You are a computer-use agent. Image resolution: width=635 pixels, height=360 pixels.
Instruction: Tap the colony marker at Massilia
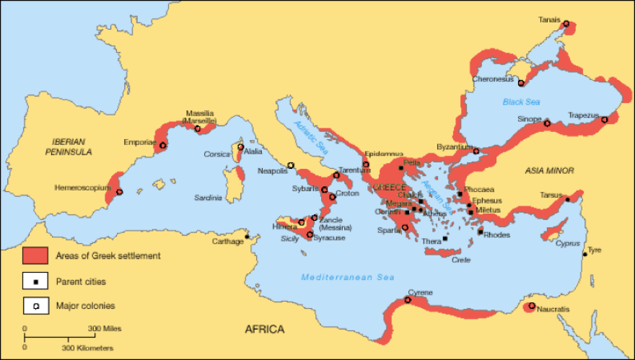(198, 129)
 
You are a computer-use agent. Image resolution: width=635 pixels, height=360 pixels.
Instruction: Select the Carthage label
(227, 241)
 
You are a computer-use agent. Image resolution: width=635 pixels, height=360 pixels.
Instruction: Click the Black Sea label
(521, 102)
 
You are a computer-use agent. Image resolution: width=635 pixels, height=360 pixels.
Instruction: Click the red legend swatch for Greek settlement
(35, 256)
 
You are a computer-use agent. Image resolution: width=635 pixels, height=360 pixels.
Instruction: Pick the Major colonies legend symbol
(35, 305)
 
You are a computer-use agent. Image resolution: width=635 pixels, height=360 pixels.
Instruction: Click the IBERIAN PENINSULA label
(67, 147)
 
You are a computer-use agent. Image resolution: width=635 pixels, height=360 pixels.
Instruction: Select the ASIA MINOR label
(550, 171)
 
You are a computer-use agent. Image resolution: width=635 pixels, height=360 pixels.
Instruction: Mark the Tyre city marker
(584, 253)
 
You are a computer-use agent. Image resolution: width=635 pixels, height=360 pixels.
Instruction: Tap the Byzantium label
(453, 147)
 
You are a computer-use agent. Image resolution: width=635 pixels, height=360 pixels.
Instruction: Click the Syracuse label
(329, 237)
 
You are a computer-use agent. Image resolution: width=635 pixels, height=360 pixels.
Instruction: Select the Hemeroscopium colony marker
(119, 192)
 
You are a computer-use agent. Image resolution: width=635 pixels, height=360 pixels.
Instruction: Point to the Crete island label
(461, 259)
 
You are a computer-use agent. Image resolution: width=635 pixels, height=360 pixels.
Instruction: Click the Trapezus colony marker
(605, 120)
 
